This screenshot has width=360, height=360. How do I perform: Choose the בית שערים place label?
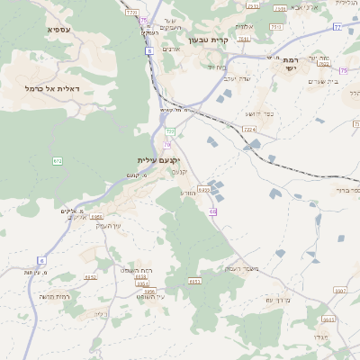tap(321, 82)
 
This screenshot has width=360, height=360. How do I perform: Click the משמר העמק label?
tap(242, 268)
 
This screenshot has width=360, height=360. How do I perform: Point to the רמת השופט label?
tap(135, 270)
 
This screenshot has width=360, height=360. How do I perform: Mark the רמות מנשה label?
tap(55, 296)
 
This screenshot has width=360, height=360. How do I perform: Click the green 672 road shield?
tap(58, 161)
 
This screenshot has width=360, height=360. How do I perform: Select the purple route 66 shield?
tap(213, 211)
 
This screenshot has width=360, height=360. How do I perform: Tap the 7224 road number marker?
tap(249, 130)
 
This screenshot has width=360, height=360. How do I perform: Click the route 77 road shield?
tap(337, 27)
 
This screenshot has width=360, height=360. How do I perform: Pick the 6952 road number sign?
tap(91, 277)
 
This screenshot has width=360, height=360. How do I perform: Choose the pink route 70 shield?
tap(167, 144)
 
